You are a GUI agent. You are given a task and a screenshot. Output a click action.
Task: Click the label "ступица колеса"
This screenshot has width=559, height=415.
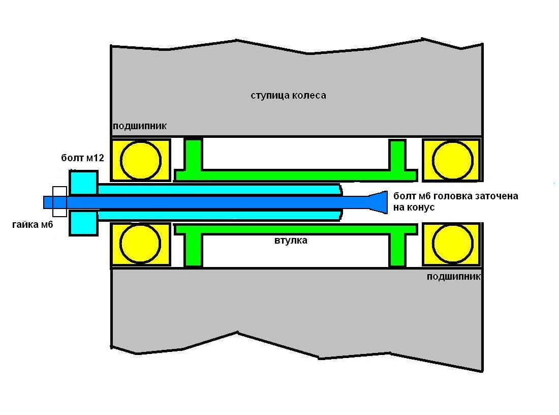288,96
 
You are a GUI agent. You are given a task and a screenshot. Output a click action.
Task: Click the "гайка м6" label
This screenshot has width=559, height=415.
33,224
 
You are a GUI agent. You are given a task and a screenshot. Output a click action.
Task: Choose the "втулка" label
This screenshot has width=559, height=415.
290,240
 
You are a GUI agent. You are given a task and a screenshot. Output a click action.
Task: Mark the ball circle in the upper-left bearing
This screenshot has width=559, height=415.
141,160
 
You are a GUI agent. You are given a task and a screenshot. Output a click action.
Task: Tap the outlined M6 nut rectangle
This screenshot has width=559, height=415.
59,202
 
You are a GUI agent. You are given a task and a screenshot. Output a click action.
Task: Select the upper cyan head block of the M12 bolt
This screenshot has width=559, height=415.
83,183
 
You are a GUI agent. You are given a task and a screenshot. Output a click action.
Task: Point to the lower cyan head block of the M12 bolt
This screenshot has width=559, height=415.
83,224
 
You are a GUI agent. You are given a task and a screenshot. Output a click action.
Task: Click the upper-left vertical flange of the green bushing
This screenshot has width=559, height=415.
194,154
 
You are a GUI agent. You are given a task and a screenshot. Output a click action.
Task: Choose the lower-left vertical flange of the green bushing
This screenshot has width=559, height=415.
194,250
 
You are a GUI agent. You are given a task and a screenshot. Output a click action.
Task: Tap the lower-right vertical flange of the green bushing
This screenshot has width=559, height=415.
397,250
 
